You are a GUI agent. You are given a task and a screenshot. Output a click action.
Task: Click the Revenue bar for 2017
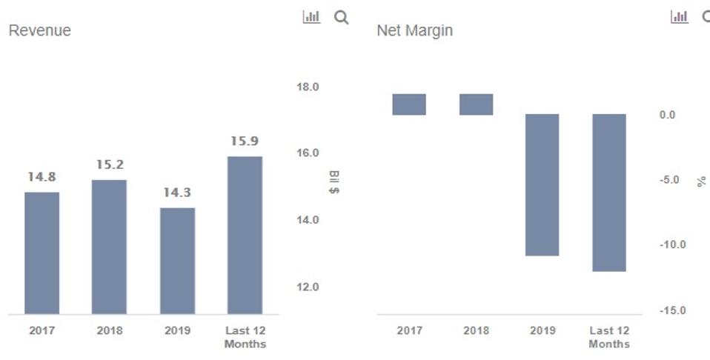[42, 253]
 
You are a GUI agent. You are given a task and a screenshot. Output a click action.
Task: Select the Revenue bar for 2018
[109, 247]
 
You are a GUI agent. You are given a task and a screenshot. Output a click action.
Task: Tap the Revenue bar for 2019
[177, 261]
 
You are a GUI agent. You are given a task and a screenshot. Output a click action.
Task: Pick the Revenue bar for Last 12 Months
[245, 235]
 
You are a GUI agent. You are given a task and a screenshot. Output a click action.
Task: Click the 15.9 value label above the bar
[245, 141]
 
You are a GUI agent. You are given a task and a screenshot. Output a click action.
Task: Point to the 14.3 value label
[177, 193]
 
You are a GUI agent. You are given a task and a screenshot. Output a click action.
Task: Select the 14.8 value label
[42, 177]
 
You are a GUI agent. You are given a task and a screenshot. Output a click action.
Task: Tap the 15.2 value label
[110, 164]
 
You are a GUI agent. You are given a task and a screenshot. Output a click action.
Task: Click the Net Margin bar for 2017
[409, 104]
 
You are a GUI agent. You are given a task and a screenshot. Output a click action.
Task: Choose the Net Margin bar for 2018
[476, 104]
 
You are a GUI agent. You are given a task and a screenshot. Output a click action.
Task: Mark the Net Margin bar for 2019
[543, 184]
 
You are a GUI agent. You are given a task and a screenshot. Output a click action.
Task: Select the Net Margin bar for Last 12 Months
[609, 193]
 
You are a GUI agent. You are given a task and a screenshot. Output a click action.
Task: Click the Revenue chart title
[40, 30]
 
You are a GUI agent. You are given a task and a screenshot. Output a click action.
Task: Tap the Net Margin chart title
[414, 30]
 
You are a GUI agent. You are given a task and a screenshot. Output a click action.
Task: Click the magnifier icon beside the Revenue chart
[341, 17]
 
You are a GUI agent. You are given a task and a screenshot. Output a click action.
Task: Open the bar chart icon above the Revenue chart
[311, 17]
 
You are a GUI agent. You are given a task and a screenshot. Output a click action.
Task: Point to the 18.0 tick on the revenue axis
[307, 87]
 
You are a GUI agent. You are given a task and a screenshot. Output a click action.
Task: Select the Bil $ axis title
[334, 182]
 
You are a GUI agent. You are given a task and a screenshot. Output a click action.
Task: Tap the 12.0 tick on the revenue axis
[307, 287]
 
